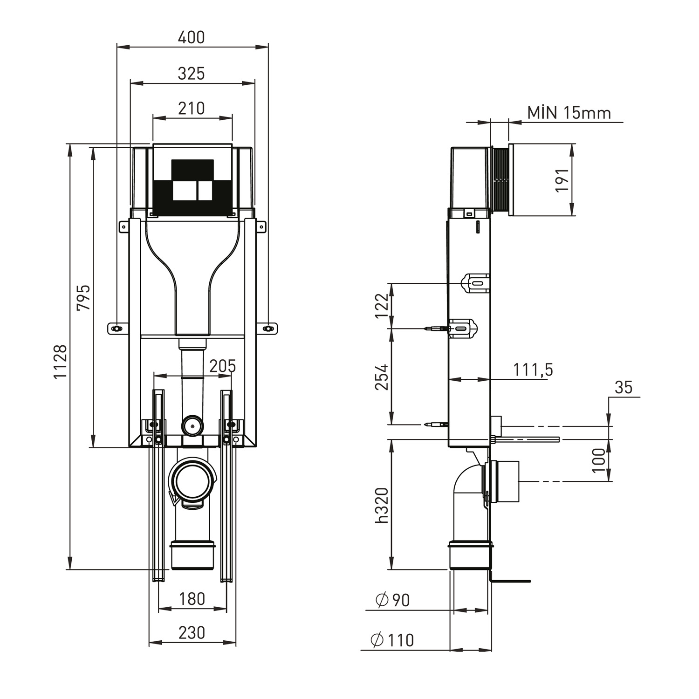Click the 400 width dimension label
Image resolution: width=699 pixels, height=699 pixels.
coord(191,38)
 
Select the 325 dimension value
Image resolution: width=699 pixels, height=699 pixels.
coord(191,74)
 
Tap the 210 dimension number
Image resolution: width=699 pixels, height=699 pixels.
coord(191,109)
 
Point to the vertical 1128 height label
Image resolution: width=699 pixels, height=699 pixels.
coord(60,362)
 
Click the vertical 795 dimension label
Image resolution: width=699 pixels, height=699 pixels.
coord(83,298)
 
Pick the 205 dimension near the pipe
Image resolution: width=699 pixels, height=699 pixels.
coord(222,366)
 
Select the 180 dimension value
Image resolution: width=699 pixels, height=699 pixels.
coord(192,599)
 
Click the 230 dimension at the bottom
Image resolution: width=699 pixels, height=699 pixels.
coord(192,633)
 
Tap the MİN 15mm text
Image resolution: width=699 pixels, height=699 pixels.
coord(569,113)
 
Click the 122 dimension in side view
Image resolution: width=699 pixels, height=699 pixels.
coord(382,306)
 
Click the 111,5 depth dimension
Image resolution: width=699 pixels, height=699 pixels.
coord(533,370)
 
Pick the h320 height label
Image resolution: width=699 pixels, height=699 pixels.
coord(382,505)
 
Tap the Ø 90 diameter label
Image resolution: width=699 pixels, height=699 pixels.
coord(393,600)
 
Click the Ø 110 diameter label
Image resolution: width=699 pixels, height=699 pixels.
coord(392,640)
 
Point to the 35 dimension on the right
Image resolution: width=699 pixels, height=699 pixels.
coord(623,388)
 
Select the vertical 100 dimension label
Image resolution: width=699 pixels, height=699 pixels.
coord(599,460)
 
